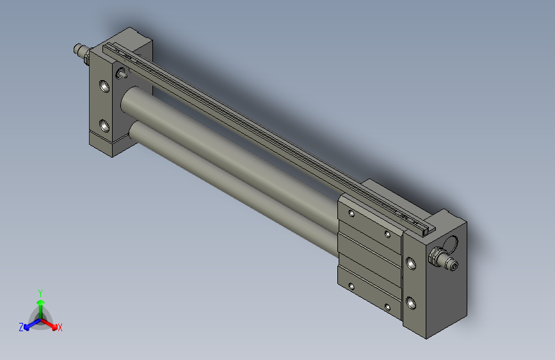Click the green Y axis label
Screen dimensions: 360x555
[40, 291]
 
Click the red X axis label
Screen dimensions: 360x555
[60, 328]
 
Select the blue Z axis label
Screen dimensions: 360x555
[21, 327]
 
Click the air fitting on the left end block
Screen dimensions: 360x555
[81, 51]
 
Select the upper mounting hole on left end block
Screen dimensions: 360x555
[104, 85]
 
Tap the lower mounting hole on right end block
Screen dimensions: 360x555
[410, 302]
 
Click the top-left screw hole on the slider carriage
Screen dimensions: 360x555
[351, 213]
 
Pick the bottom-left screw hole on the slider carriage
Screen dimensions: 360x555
[351, 286]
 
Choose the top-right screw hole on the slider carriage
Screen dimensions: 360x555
[388, 234]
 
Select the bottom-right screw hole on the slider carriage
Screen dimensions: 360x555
[388, 307]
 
